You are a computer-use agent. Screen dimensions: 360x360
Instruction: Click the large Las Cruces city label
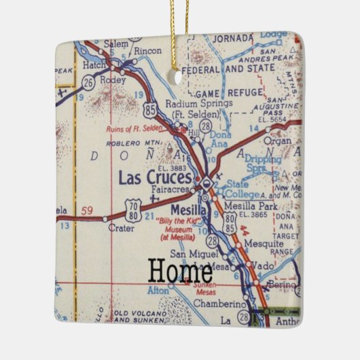tap(155, 179)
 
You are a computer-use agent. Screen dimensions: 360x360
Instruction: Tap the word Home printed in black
tap(179, 271)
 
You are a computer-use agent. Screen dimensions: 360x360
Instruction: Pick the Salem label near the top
tap(115, 43)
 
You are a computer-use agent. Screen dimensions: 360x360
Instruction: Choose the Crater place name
tap(121, 229)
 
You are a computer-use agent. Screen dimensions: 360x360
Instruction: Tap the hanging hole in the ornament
tap(179, 77)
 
